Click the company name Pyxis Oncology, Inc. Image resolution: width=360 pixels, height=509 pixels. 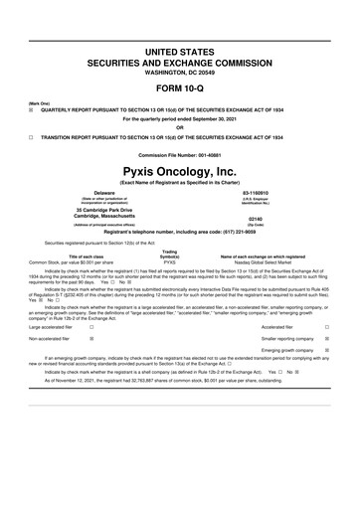(180, 171)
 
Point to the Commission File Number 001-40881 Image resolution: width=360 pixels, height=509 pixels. (180, 155)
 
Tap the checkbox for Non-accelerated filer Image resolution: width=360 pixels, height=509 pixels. (91, 338)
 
